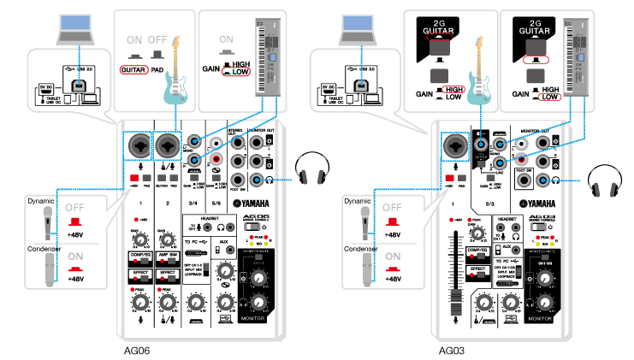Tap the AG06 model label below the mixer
click(138, 350)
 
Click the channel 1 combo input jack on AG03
click(454, 148)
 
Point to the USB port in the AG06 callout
click(78, 86)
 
